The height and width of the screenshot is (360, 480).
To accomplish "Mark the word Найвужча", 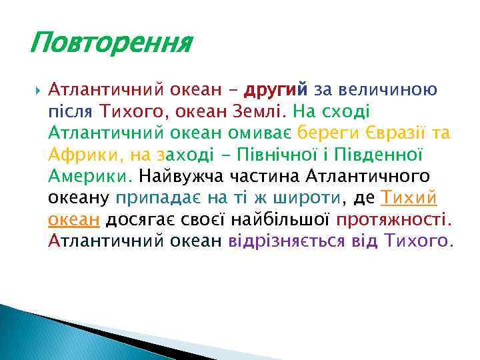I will [x=181, y=176].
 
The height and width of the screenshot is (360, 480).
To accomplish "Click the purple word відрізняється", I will [x=287, y=241].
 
